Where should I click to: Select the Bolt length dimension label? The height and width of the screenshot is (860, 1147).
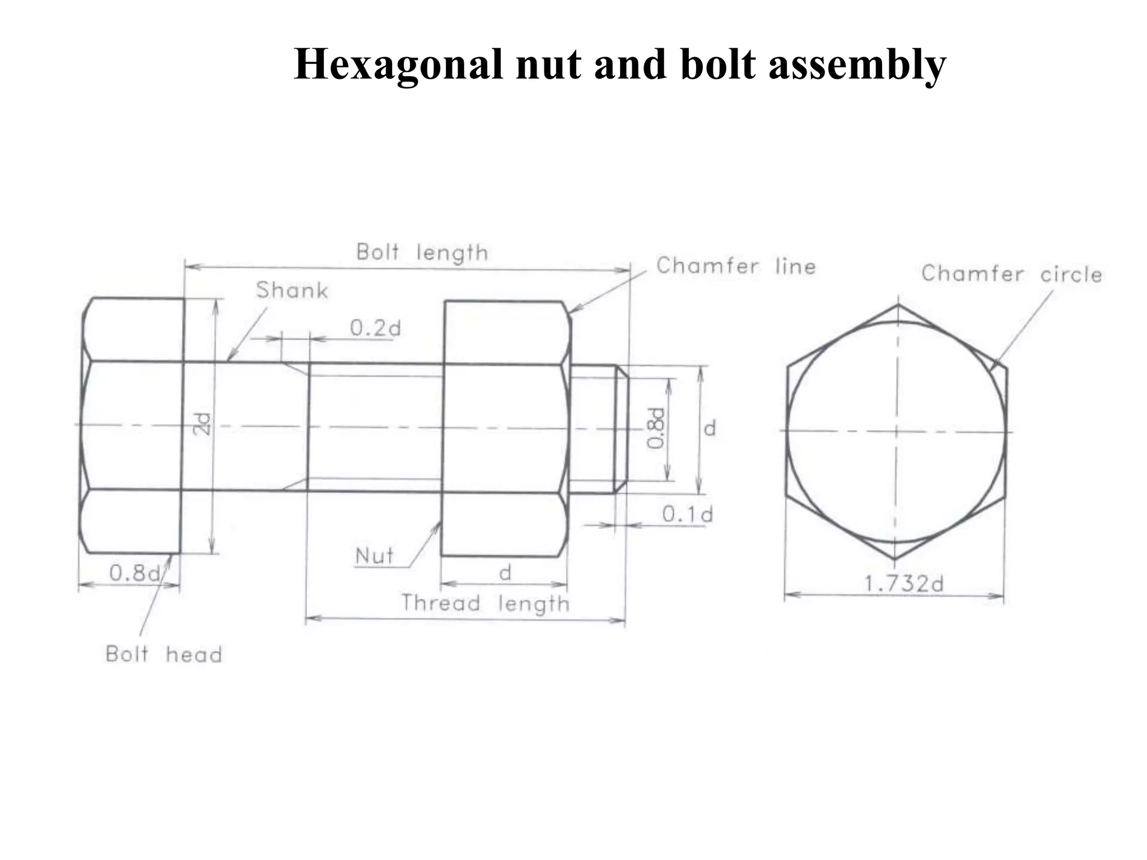point(422,253)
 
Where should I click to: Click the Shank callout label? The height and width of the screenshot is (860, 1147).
point(292,291)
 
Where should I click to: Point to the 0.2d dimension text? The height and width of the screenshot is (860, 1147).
point(375,328)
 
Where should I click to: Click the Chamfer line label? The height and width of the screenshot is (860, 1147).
point(736,266)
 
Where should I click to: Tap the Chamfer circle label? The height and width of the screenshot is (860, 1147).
point(1011,274)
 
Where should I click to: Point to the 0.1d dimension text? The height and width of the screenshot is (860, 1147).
point(687,514)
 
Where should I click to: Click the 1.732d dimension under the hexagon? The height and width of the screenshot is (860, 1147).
point(904,584)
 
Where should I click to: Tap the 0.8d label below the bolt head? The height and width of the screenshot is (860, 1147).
point(134,573)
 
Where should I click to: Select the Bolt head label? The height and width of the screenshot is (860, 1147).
point(164,654)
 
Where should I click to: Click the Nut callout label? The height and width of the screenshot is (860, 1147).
point(374,556)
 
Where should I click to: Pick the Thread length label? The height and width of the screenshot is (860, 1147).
point(486,604)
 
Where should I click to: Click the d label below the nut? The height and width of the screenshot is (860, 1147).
point(505,573)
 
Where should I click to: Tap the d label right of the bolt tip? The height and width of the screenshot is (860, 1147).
point(710,429)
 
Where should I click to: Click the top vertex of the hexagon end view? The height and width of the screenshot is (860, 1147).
point(898,305)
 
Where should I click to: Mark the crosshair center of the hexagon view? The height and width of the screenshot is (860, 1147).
point(897,431)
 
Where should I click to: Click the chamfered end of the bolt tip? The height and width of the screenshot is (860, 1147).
point(621,429)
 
